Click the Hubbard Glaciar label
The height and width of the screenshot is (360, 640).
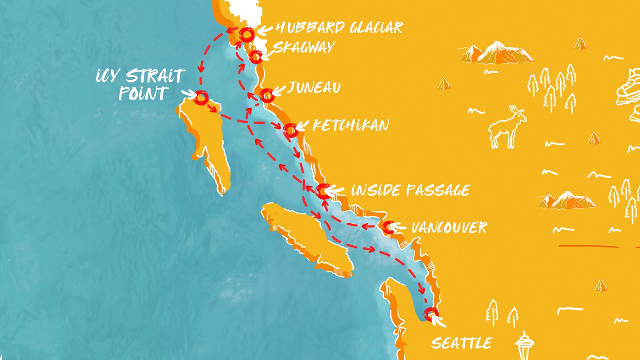pyautogui.click(x=339, y=28)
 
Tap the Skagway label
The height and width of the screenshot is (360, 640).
pyautogui.click(x=304, y=48)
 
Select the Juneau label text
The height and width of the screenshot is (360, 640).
pyautogui.click(x=314, y=88)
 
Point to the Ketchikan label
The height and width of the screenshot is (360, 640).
pyautogui.click(x=350, y=126)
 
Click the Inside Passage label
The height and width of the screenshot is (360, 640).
pyautogui.click(x=410, y=190)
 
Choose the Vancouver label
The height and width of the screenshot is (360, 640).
pyautogui.click(x=449, y=228)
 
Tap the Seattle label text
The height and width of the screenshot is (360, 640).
pyautogui.click(x=462, y=343)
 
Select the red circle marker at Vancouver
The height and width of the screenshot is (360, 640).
pyautogui.click(x=388, y=227)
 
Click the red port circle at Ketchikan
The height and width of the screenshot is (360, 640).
pyautogui.click(x=290, y=130)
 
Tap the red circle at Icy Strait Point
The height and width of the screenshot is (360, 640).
pyautogui.click(x=201, y=97)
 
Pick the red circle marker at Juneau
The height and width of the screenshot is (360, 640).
pyautogui.click(x=267, y=96)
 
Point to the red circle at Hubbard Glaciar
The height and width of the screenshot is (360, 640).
pyautogui.click(x=246, y=35)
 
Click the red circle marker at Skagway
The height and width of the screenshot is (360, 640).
pyautogui.click(x=255, y=57)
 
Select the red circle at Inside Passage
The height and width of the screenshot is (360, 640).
pyautogui.click(x=323, y=191)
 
